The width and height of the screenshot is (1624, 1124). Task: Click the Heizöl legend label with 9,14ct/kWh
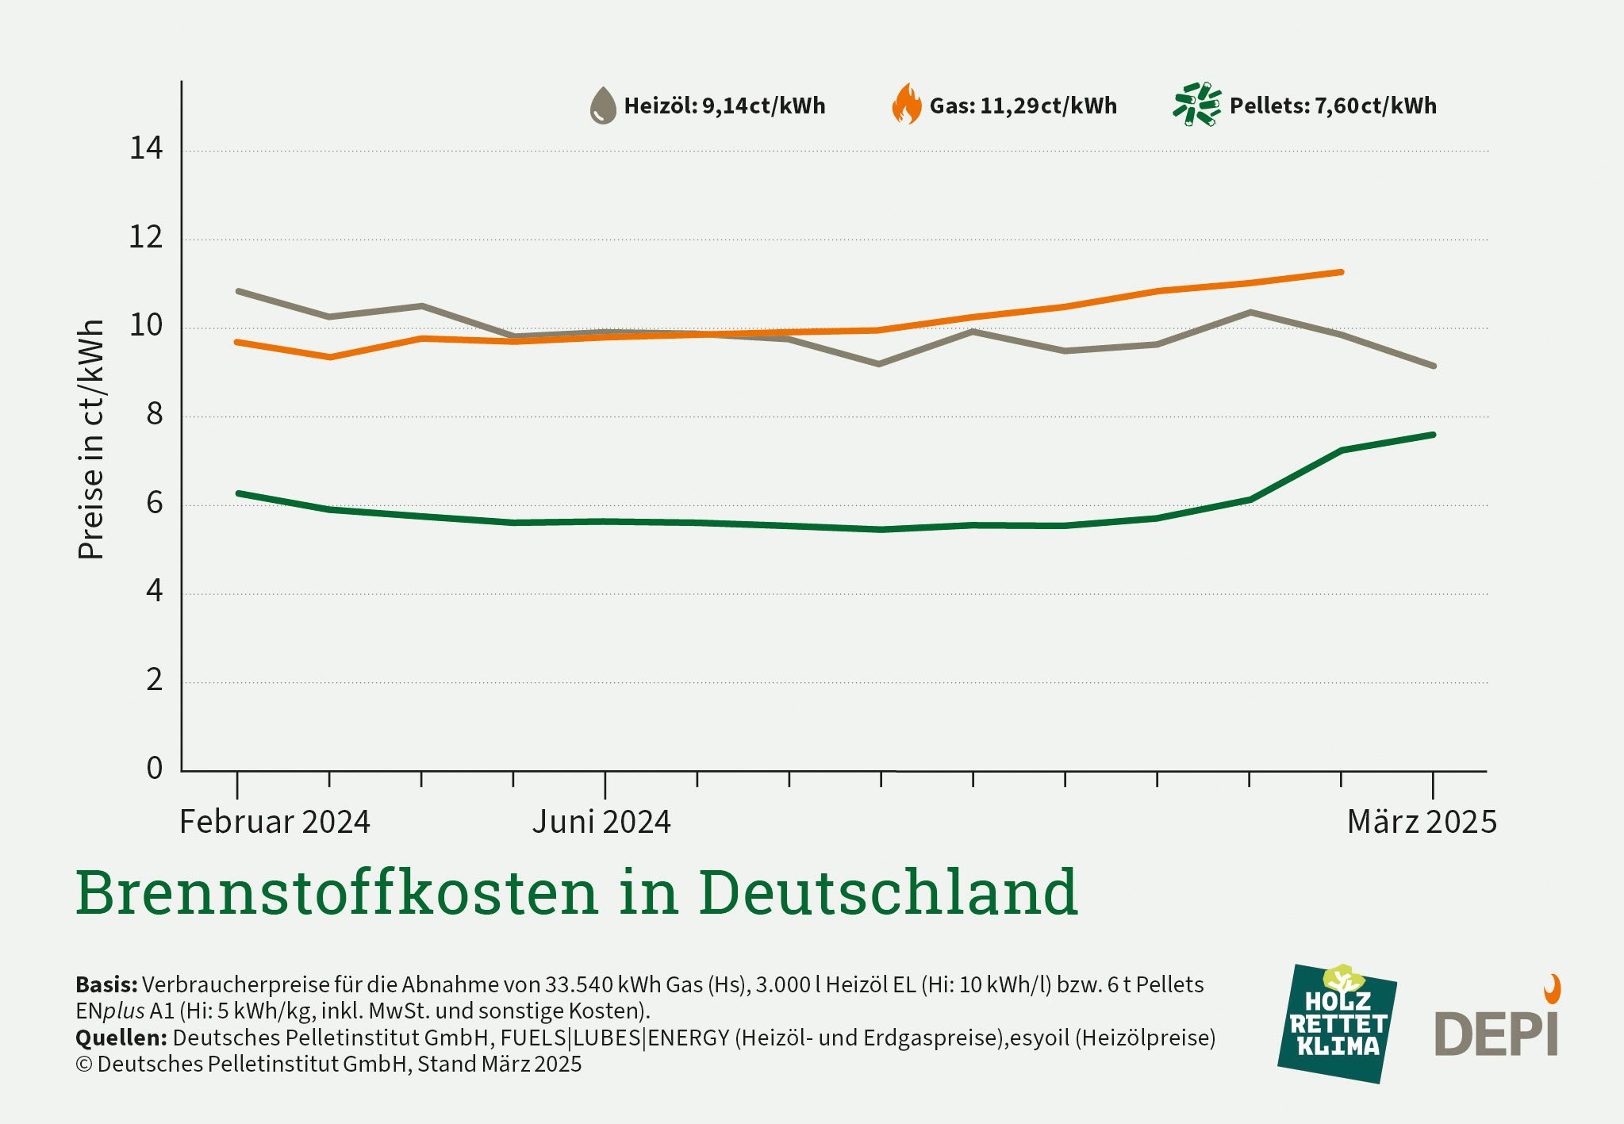click(x=724, y=106)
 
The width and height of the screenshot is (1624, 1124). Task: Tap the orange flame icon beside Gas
click(x=906, y=105)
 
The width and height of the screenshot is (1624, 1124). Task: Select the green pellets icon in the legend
click(x=1196, y=105)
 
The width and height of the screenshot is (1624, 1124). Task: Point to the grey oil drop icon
click(x=603, y=105)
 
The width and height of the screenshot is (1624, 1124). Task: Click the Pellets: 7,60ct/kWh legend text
click(x=1332, y=106)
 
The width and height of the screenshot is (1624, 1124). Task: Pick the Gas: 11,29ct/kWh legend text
click(x=1023, y=106)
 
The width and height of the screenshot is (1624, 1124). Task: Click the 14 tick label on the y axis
click(x=146, y=148)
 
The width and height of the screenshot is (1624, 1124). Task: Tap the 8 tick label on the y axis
click(x=154, y=414)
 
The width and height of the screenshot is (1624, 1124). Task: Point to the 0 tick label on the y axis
click(x=154, y=768)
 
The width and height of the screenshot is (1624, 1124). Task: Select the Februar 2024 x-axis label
click(x=275, y=822)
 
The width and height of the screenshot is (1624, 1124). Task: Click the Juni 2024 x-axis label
click(x=601, y=822)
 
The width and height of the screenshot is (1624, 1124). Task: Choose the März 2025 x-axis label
click(x=1422, y=822)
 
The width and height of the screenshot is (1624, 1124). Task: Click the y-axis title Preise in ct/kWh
click(x=91, y=439)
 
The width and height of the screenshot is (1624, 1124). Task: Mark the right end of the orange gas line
click(x=1341, y=272)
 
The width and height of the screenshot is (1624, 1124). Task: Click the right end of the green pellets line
click(x=1433, y=435)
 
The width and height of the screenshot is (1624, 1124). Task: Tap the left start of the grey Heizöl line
click(x=239, y=291)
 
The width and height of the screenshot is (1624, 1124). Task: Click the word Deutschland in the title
click(x=888, y=892)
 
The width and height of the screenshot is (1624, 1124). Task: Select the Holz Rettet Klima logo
click(x=1337, y=1023)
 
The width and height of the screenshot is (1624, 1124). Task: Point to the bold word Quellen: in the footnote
click(x=121, y=1038)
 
